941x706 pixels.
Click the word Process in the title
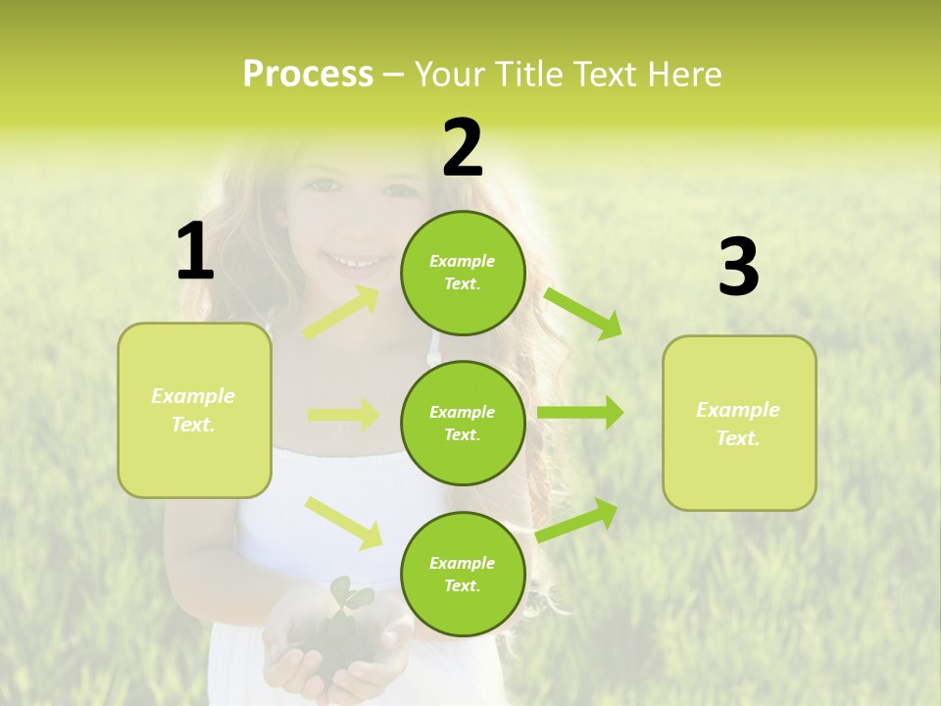point(308,75)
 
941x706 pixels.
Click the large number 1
point(195,252)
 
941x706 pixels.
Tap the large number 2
point(463,148)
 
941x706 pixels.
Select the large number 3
point(738,268)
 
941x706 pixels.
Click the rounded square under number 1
point(194,410)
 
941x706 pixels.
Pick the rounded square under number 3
point(739,424)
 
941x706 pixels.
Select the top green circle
point(463,273)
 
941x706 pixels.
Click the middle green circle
point(463,424)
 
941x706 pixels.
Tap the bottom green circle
point(463,574)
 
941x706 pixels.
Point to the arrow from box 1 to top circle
point(342,313)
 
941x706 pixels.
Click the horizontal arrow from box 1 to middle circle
point(342,415)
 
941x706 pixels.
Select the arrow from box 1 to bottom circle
point(344,523)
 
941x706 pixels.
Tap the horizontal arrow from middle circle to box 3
point(580,413)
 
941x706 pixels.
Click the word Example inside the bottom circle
point(463,563)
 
